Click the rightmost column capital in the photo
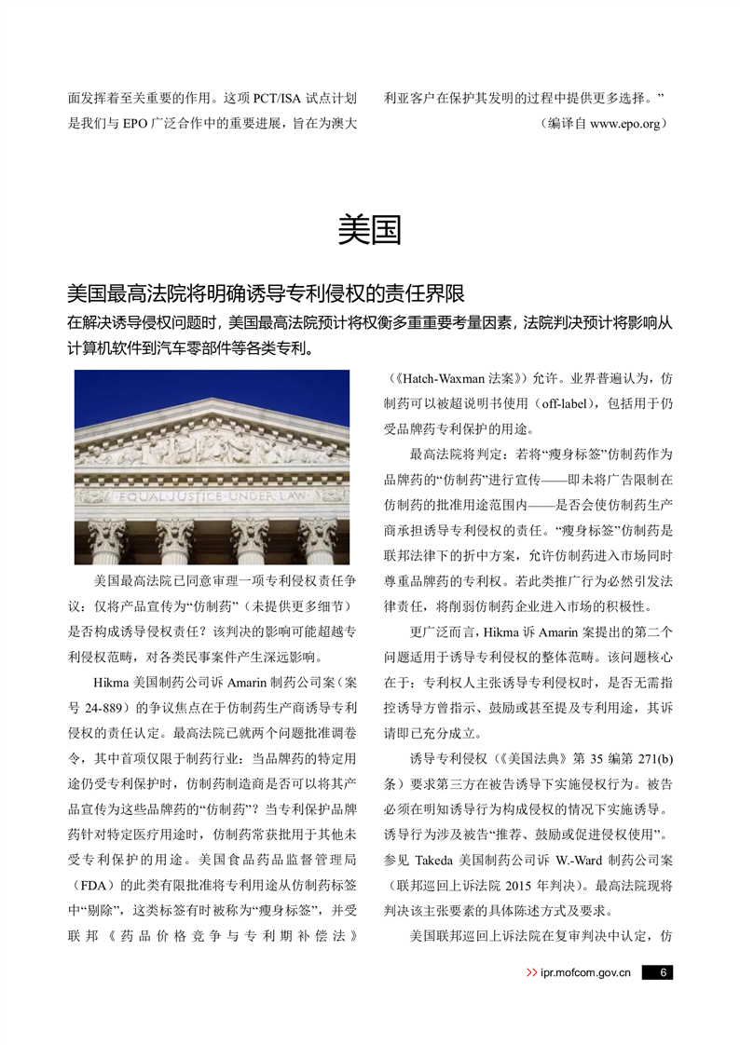click(317, 536)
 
